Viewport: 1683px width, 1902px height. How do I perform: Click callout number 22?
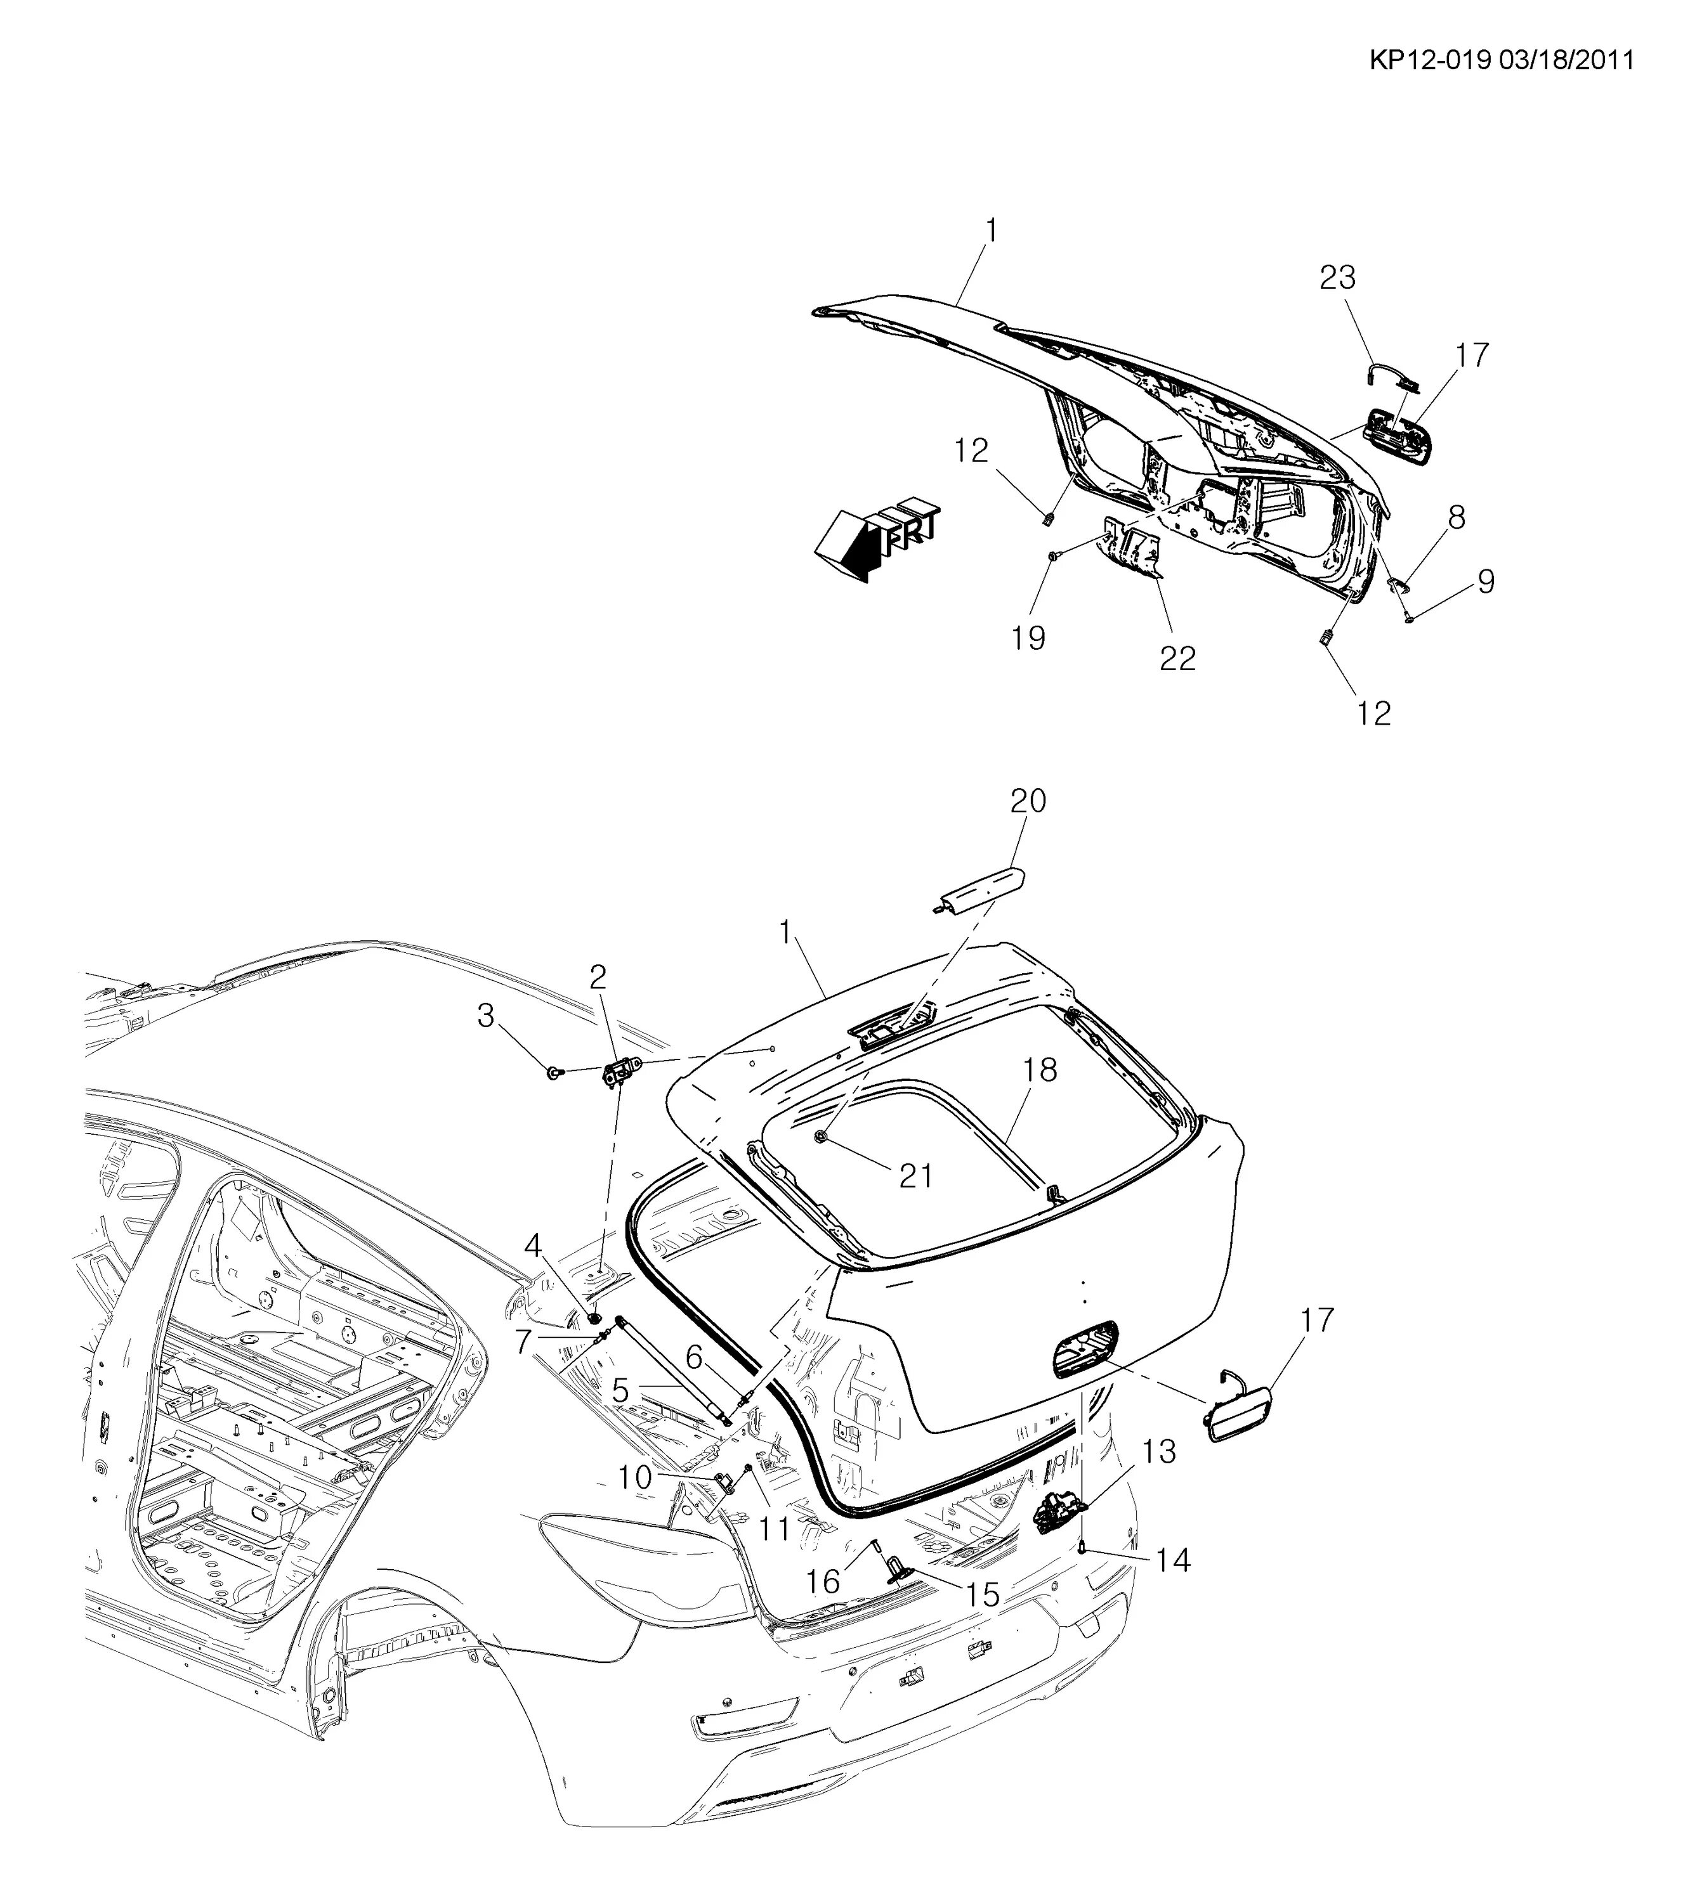(1177, 659)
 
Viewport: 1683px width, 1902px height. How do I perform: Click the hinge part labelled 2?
(615, 1073)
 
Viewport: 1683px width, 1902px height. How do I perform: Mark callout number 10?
(636, 1477)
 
